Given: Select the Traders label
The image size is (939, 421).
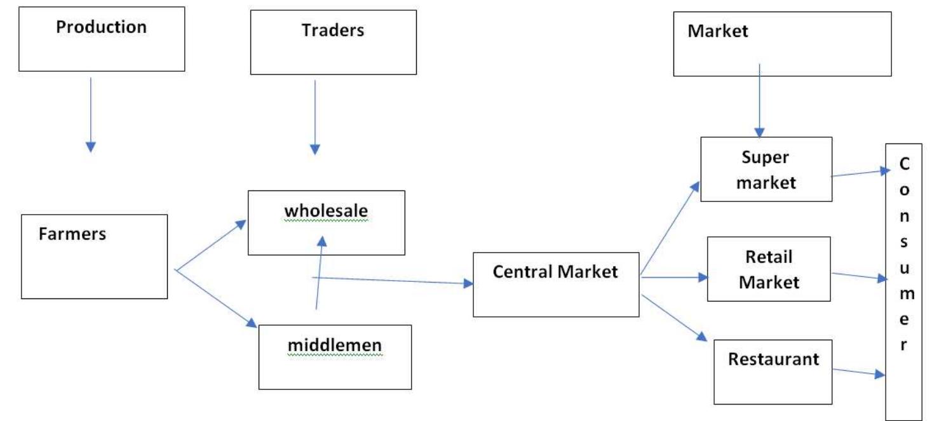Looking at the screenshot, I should click(x=333, y=30).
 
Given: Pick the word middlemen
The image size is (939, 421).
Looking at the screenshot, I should click(x=334, y=345).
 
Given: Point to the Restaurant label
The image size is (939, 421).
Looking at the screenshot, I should click(x=773, y=359).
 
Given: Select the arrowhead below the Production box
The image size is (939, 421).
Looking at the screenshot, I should click(x=91, y=147).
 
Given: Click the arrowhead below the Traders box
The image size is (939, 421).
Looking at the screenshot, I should click(x=315, y=149).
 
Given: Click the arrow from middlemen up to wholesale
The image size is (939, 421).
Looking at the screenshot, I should click(x=319, y=273).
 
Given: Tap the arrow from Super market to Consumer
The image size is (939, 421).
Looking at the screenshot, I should click(x=858, y=173).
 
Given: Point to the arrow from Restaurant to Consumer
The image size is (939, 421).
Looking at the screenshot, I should click(x=858, y=372).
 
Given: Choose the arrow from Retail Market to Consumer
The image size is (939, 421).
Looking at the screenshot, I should click(x=858, y=276).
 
